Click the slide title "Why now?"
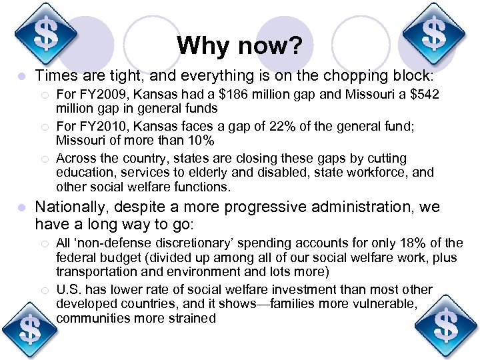[239, 46]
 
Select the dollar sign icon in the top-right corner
[434, 32]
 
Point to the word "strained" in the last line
[192, 318]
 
